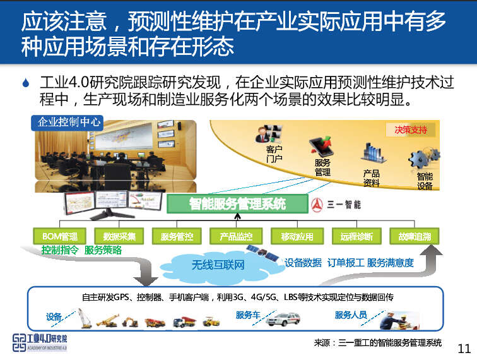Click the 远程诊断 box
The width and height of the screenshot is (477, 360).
pos(356,236)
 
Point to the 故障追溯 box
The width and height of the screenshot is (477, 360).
pos(414,236)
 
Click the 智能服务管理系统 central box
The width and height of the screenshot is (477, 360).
pos(237,203)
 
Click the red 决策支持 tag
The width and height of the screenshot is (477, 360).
pos(411,129)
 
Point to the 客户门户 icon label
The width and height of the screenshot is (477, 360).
pos(274,155)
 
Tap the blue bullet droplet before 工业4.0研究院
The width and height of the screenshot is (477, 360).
pos(25,83)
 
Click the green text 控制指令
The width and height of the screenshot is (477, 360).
pos(61,250)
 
